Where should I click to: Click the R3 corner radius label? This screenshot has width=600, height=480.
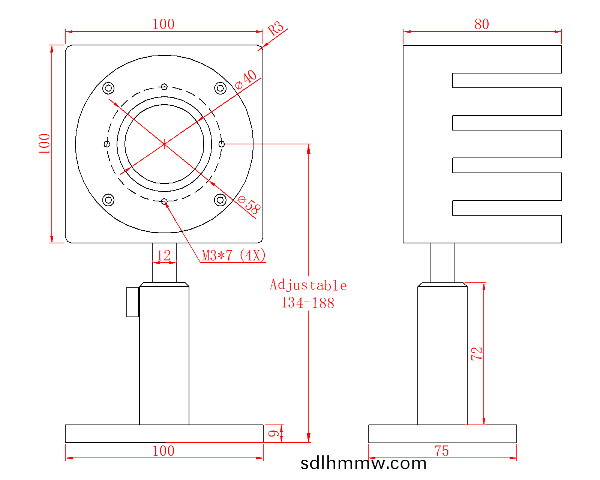coord(276,28)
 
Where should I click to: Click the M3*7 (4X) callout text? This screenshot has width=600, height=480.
coord(234,256)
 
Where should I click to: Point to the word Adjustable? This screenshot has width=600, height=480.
coord(308,285)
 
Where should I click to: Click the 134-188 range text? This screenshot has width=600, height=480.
coord(308,303)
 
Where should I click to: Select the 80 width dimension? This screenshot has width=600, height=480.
coord(481,24)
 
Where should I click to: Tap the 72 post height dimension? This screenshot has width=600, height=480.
coord(476,354)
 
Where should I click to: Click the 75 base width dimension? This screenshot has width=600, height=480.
coord(442,451)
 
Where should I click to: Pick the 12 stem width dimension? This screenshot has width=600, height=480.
coord(164,256)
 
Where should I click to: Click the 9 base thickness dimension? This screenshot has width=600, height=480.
coord(274,433)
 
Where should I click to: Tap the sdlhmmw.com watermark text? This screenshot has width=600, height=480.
coord(363,463)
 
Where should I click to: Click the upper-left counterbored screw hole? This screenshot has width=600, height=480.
coord(108,88)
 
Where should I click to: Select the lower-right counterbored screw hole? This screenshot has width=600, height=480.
coord(220,200)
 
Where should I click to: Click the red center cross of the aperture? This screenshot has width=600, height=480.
coord(164,144)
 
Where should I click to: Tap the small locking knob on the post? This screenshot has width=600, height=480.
coord(132,302)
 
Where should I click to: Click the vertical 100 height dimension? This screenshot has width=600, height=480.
coord(44,144)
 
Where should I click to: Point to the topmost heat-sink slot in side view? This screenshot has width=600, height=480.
coord(506,80)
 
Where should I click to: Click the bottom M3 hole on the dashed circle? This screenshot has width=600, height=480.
coord(164,201)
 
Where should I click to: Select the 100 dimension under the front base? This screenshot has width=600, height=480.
coord(163,451)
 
